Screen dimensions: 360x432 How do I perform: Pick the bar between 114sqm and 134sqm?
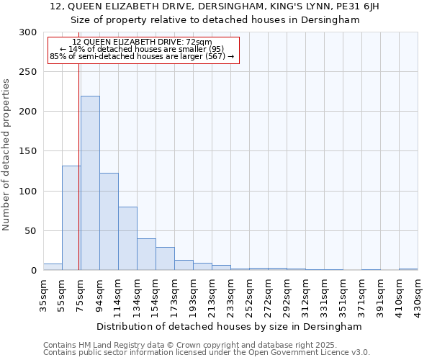[127, 238]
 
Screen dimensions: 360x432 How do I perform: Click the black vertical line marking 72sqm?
[78, 144]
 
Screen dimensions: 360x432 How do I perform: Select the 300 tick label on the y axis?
[28, 32]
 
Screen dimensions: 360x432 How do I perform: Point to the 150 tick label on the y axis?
[28, 152]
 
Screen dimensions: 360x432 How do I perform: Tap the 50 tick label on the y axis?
[31, 231]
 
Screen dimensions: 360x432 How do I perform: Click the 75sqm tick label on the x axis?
[81, 294]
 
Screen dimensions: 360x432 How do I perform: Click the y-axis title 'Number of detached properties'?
[7, 155]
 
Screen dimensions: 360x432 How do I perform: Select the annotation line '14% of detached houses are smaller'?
[142, 49]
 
